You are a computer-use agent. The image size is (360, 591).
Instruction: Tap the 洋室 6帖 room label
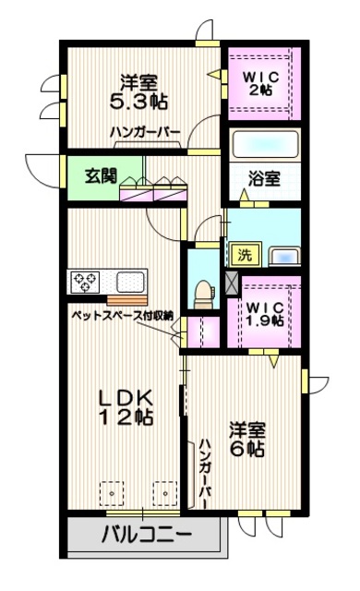coord(246,440)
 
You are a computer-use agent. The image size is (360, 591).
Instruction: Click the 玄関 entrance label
coord(101,175)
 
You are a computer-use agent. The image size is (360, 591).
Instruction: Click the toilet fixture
coord(201,291)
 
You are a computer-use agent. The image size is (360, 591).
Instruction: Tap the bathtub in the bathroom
coord(265,145)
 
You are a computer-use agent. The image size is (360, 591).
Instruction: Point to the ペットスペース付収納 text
coord(124,316)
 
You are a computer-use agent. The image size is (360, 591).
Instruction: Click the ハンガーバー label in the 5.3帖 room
coord(145,131)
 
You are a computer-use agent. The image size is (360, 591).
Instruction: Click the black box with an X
coord(232,283)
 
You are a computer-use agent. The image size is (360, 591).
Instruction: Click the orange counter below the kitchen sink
coord(126,298)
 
